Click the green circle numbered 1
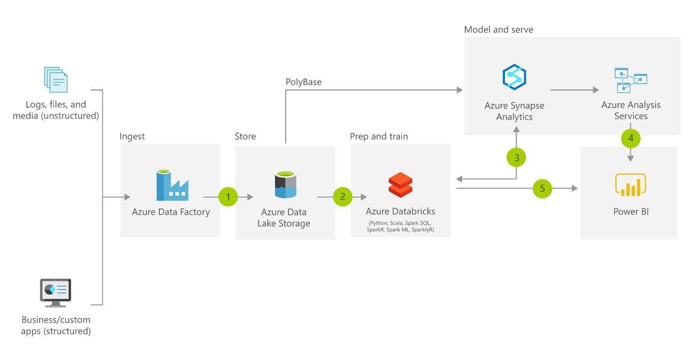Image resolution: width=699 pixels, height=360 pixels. [x=228, y=197]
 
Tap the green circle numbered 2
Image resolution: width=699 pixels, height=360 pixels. [x=343, y=197]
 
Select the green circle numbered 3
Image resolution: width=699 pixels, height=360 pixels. [x=517, y=157]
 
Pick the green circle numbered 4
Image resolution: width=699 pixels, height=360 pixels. [x=630, y=138]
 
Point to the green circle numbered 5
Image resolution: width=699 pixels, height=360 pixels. [x=542, y=188]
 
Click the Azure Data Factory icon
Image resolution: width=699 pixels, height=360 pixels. [x=172, y=185]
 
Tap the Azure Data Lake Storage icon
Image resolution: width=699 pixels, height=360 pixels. [x=285, y=185]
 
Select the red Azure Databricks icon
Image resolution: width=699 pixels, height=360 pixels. [x=400, y=185]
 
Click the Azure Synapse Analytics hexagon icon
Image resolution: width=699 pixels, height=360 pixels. [x=515, y=77]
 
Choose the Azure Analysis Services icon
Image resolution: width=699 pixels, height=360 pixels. [x=630, y=80]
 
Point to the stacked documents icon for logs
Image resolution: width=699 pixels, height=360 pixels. [x=56, y=80]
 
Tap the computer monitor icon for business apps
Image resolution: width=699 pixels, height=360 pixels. [x=55, y=292]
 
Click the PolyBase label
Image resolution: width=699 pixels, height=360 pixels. [x=303, y=82]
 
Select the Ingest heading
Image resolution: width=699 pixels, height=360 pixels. [x=132, y=136]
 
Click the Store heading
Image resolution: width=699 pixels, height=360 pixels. [x=246, y=136]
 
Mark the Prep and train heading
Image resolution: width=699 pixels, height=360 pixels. [x=379, y=136]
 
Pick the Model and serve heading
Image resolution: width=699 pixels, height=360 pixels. [x=499, y=29]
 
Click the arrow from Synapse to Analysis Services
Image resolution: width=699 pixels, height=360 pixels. [x=573, y=90]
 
